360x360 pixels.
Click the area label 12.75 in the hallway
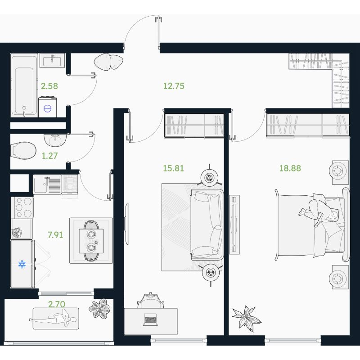coord(174,86)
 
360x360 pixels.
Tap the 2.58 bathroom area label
coord(49,86)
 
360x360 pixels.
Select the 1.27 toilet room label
coord(49,156)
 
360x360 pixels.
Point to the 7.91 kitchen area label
coord(55,235)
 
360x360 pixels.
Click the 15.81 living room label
coord(173,168)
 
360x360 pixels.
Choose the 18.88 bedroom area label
coord(290,168)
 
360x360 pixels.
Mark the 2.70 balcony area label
coord(57,304)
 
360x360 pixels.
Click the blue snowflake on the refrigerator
coord(22,264)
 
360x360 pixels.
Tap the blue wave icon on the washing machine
coord(48,108)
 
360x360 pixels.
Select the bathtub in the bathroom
coord(24,85)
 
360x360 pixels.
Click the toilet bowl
coord(23,151)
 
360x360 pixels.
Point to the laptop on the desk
coord(150,319)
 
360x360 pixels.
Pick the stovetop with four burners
coord(24,208)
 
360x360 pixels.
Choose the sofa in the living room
coord(207,225)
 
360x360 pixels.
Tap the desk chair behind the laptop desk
coord(151,301)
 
